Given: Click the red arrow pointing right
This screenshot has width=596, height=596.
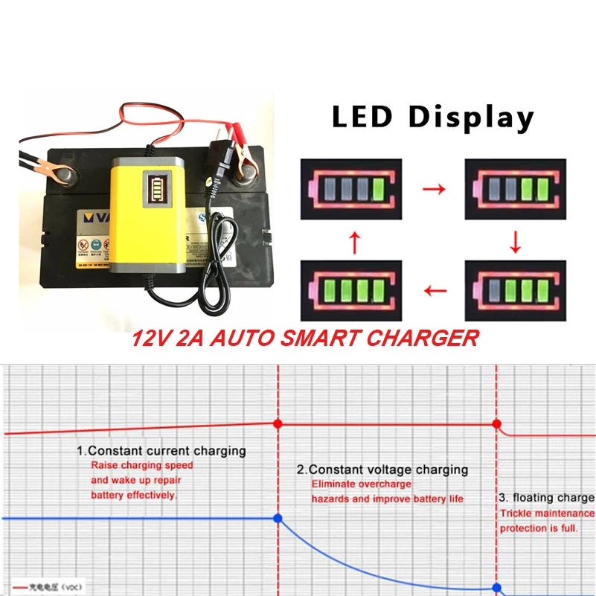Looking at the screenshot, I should click(x=434, y=189).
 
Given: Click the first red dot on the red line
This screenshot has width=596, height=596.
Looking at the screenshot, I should click(x=278, y=423).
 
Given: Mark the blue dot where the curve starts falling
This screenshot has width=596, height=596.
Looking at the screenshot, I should click(x=278, y=518).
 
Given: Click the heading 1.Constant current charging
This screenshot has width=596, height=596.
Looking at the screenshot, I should click(x=161, y=451).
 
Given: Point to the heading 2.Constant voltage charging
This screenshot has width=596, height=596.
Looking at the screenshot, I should click(x=382, y=470).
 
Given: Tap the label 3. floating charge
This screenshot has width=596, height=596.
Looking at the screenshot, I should click(x=545, y=498).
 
